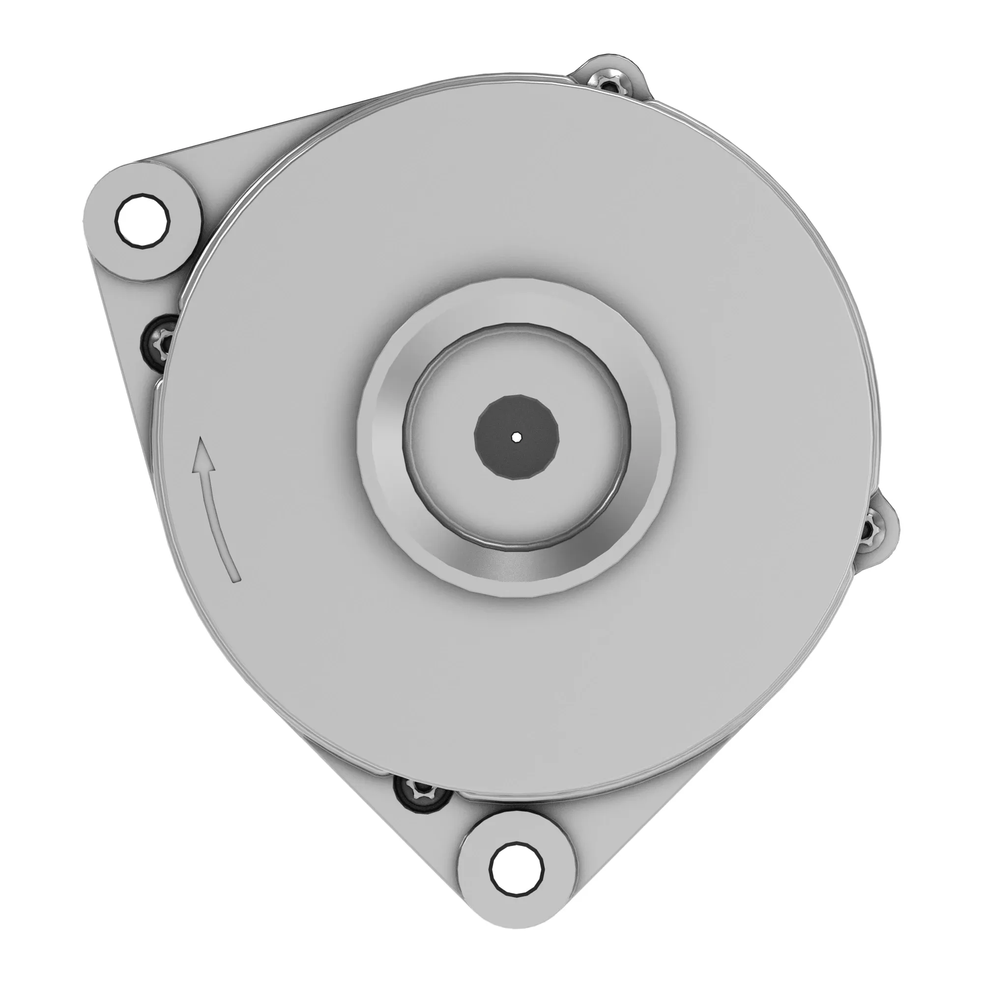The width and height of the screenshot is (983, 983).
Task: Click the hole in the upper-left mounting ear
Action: tap(143, 222)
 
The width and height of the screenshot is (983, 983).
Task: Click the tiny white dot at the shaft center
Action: tap(517, 437)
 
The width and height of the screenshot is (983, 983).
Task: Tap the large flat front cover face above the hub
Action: tap(509, 203)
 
